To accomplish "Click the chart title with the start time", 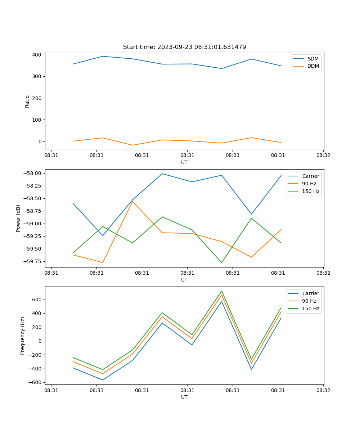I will (x=184, y=47).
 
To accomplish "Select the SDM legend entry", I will (x=313, y=59).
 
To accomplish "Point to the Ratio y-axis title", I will (x=27, y=101).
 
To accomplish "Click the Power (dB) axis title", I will (x=18, y=218).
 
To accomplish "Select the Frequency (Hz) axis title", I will (x=23, y=336).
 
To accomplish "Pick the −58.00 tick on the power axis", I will (x=31, y=173).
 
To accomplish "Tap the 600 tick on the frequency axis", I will (x=37, y=300).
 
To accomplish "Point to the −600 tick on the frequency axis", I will (x=36, y=382).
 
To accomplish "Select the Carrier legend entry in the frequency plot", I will (x=311, y=293).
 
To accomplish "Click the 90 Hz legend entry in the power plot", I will (x=309, y=184).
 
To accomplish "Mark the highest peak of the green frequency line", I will (x=222, y=291).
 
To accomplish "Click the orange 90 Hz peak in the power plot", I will (x=132, y=201).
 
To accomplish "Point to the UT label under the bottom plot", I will (x=184, y=397).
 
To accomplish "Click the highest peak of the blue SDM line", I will (x=103, y=56).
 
